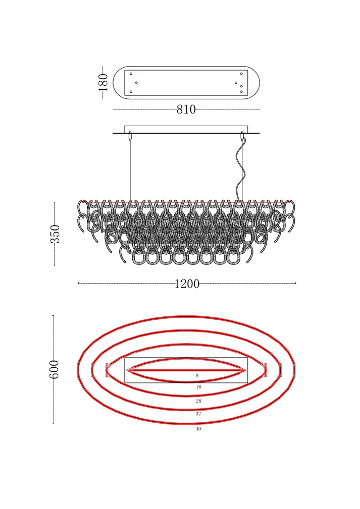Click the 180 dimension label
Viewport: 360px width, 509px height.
(x=104, y=82)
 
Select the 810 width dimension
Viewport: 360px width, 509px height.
(x=186, y=109)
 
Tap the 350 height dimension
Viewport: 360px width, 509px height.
(x=55, y=234)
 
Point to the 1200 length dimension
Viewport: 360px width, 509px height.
(x=187, y=284)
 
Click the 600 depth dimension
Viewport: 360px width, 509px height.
(x=54, y=369)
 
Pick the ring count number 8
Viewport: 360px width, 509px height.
(x=197, y=376)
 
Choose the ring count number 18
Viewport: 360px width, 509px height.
(x=198, y=387)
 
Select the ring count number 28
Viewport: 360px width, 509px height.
(x=198, y=401)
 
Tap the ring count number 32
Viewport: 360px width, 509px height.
(x=198, y=414)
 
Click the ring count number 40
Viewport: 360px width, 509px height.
(x=198, y=429)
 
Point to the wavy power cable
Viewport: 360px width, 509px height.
(x=240, y=169)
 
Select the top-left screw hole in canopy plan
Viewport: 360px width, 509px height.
(x=131, y=74)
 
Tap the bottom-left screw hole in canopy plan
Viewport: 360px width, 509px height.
(x=131, y=92)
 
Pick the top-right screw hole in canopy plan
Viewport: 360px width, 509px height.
(x=241, y=74)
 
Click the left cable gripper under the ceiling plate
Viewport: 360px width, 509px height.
(x=130, y=136)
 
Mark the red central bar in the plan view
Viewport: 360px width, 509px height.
(x=186, y=370)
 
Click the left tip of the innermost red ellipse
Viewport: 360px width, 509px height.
(x=127, y=370)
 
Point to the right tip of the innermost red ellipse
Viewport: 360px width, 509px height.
(x=245, y=370)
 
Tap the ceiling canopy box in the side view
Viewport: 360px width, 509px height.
(x=186, y=129)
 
